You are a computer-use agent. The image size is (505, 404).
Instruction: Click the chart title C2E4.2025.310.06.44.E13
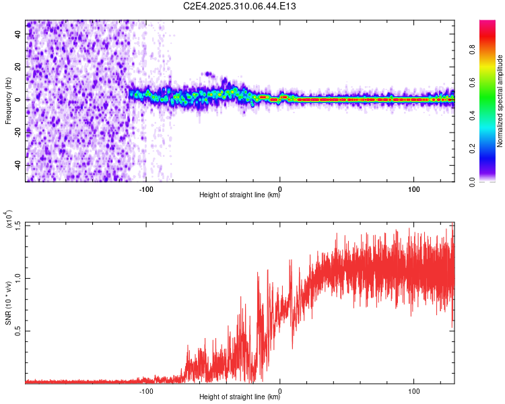tap(240, 6)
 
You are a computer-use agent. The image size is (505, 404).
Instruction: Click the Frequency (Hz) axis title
tap(9, 101)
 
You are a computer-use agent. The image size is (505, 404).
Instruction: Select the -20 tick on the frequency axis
tap(18, 132)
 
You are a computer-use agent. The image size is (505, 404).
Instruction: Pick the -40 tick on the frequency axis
tap(18, 165)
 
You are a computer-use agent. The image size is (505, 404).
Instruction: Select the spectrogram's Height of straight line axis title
tap(240, 196)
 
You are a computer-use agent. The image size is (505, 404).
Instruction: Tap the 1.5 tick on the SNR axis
tap(18, 225)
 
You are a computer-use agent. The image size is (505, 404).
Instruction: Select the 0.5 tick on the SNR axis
tap(18, 331)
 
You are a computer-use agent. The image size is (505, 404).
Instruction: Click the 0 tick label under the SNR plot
tap(280, 390)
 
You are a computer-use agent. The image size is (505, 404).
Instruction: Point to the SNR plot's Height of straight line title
tap(240, 397)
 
